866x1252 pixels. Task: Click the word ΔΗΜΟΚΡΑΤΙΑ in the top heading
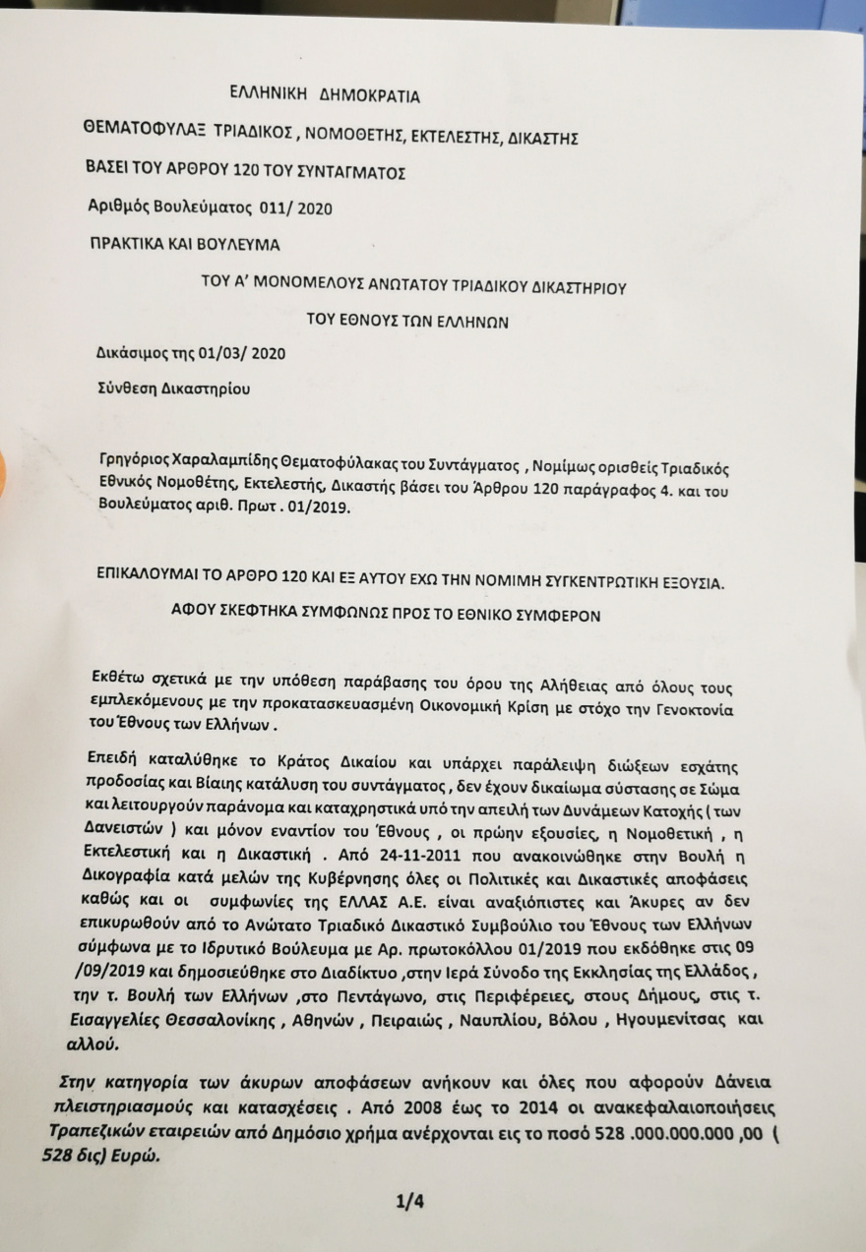(x=369, y=96)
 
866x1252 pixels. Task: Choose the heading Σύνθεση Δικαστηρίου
(x=173, y=388)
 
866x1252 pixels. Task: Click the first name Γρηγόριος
(x=135, y=465)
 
